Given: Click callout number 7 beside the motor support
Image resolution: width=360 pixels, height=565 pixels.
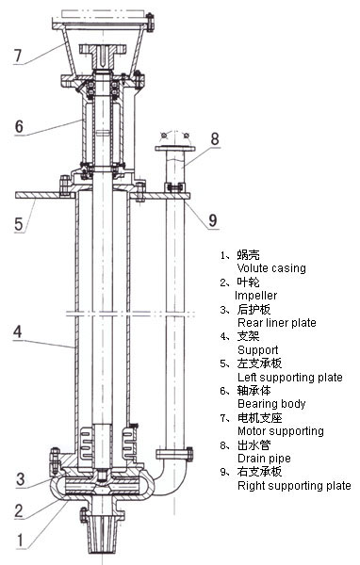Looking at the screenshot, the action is pos(18,56).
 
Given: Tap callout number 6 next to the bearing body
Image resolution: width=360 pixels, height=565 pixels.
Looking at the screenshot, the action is pos(19,126).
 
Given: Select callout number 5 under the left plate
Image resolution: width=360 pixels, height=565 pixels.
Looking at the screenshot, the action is pos(19,224).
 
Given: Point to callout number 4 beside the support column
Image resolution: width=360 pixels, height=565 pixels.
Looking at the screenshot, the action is pos(18,331).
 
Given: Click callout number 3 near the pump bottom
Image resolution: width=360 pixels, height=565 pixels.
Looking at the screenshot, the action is pos(21,479).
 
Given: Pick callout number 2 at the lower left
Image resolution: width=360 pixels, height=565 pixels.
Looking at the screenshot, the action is pos(19,510).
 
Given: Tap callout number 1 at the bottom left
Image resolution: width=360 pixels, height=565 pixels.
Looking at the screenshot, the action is pos(20,541).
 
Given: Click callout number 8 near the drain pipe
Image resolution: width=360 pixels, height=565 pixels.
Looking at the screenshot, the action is pos(215,138).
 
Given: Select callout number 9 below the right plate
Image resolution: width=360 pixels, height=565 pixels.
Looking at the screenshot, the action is pos(213,220).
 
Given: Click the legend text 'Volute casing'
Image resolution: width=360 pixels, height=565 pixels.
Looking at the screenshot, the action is pos(271,268).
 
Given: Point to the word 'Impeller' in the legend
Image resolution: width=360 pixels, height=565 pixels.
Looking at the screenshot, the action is pos(255,296).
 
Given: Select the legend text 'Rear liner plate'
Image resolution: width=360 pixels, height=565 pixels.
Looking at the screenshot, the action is pos(277,322).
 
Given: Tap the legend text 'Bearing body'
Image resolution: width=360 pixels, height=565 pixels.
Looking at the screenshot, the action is pos(271,404).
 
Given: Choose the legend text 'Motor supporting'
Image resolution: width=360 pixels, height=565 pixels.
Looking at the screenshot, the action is pos(281,431).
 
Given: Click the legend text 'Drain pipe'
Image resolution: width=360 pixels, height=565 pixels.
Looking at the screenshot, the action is pos(264,459).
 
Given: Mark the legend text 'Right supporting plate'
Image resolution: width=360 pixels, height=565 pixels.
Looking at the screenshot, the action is pos(294,486).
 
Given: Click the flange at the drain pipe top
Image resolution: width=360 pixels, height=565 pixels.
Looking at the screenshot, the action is pos(175,148).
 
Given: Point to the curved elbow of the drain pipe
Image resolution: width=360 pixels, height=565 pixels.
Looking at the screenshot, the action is pos(170,479).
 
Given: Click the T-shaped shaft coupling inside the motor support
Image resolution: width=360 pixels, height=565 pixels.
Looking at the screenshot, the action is pos(103,54).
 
